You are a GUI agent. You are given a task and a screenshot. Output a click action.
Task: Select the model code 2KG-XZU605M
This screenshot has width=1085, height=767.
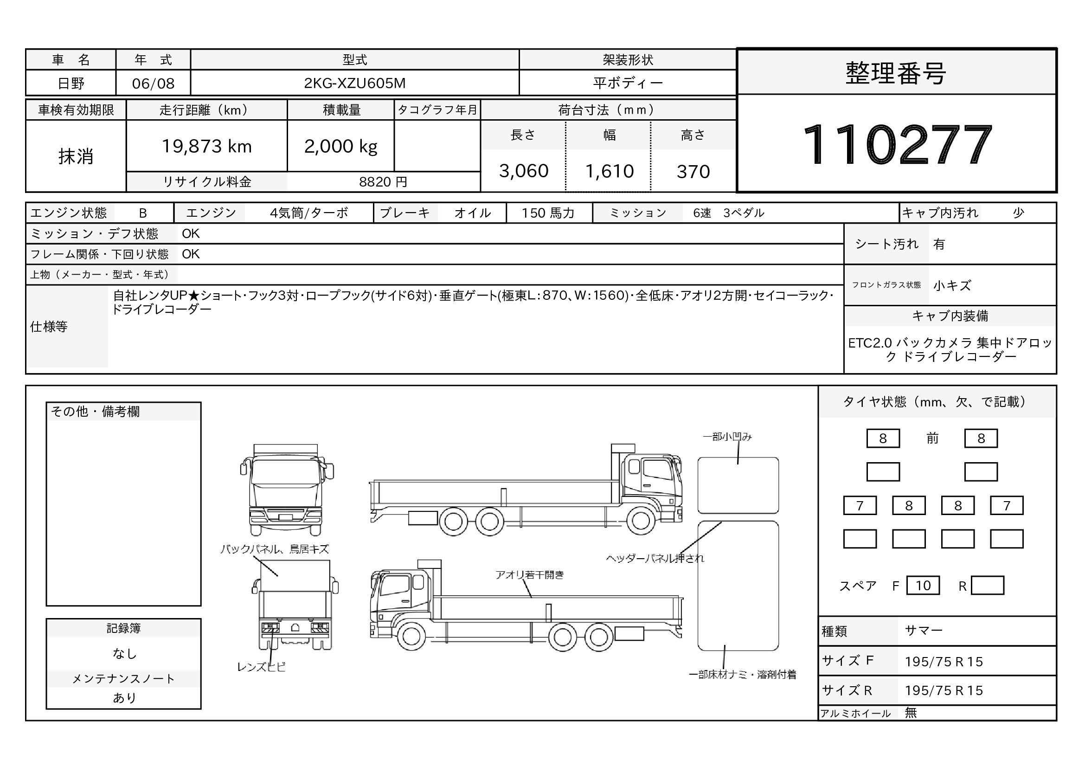click(354, 83)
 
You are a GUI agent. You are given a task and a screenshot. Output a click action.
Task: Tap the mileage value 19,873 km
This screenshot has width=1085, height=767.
click(206, 147)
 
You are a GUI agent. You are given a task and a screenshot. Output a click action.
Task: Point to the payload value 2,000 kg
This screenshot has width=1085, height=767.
click(341, 147)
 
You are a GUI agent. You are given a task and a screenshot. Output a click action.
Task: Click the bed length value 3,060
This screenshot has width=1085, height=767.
click(524, 171)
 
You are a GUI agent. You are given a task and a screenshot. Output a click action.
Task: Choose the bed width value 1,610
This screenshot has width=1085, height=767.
click(609, 171)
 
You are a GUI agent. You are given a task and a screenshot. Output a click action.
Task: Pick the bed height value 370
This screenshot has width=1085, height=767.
click(693, 172)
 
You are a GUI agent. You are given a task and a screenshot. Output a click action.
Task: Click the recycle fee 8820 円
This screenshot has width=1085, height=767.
click(383, 182)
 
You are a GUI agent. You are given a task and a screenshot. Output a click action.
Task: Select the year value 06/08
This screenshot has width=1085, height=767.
click(153, 84)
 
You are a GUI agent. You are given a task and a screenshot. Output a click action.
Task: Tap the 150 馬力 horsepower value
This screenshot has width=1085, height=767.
click(548, 213)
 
